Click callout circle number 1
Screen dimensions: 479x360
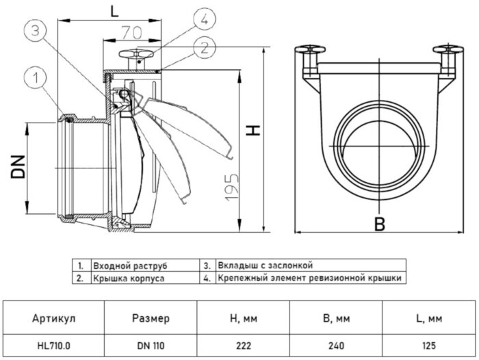(x=36, y=79)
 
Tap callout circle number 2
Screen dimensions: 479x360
(x=205, y=48)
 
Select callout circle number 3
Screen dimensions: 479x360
(x=36, y=31)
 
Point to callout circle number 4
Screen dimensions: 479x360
(x=205, y=19)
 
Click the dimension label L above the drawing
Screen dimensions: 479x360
(x=114, y=12)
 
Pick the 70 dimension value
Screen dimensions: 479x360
(x=132, y=33)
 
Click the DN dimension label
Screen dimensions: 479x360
(x=18, y=166)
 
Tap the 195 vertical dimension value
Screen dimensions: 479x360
(x=231, y=188)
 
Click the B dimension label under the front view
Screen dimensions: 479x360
(x=379, y=224)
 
